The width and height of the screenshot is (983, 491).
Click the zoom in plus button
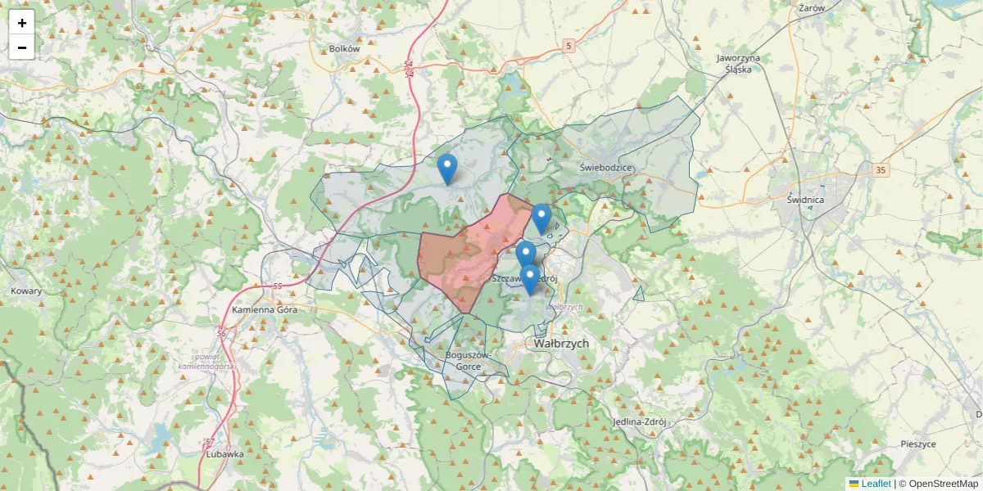point(22,23)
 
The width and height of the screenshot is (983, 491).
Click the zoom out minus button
point(22,47)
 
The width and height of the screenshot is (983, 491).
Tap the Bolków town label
point(344,49)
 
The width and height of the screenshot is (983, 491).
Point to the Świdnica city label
point(804,200)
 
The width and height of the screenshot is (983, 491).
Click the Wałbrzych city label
point(561,344)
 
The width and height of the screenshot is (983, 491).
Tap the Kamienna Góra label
point(263,310)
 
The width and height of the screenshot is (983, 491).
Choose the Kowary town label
point(26,291)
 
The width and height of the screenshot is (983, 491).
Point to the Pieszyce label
point(917,444)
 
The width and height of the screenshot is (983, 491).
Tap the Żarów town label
point(811,7)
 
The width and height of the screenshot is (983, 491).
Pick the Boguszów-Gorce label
point(469,361)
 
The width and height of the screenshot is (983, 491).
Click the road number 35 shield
point(881,170)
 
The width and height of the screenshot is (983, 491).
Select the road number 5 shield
point(569,47)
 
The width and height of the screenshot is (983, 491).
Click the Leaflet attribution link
point(870,484)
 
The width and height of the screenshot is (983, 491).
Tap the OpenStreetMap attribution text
point(943,484)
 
